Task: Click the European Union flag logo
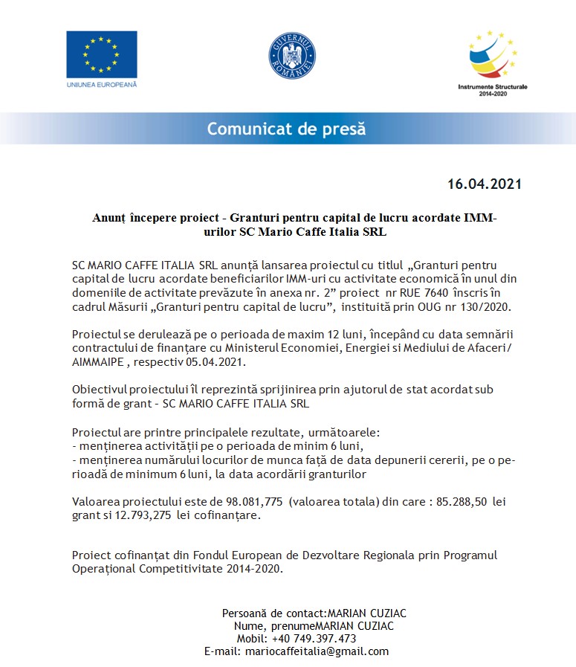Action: pos(101,54)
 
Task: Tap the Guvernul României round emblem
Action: pos(292,57)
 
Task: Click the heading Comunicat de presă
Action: pos(286,129)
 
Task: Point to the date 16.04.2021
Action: pos(484,184)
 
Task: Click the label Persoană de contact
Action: pos(273,613)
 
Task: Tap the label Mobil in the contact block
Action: pos(251,638)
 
